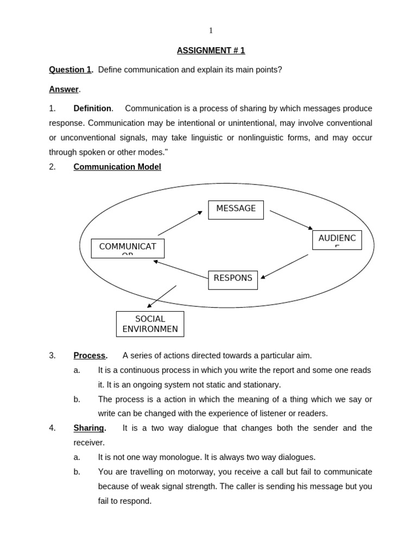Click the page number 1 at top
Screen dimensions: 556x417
point(211,31)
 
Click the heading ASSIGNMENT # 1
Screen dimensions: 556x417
point(211,50)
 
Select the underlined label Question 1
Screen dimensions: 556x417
point(71,69)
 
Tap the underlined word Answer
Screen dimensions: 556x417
point(64,89)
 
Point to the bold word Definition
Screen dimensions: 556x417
point(92,109)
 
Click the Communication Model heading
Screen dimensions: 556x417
point(117,167)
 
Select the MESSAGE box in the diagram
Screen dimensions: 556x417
point(236,210)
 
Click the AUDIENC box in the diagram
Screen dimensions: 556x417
point(337,240)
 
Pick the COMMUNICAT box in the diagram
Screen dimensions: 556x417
point(128,248)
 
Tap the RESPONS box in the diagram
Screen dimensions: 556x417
point(233,280)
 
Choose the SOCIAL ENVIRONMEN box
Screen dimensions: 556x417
point(150,324)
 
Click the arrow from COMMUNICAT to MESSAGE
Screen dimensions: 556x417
point(180,223)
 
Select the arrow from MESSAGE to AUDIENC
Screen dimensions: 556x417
point(292,220)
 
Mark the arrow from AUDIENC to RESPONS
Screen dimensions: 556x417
point(285,266)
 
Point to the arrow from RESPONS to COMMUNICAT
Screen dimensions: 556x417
point(181,269)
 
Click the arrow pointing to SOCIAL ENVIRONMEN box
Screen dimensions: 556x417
point(162,296)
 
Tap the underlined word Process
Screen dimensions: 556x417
point(90,356)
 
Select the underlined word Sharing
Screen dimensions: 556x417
point(89,428)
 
